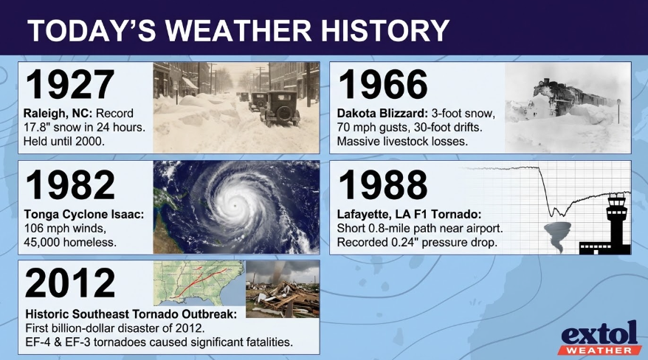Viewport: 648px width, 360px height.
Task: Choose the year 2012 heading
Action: [71, 283]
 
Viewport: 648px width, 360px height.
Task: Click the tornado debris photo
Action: [282, 288]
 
